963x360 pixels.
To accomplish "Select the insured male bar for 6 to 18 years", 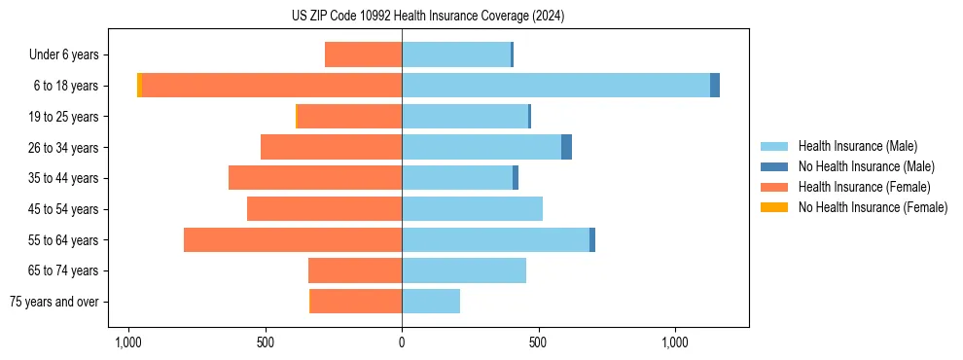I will coord(555,86).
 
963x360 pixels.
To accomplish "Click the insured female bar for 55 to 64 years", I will coord(293,239).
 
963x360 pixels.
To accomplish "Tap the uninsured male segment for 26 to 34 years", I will coord(566,147).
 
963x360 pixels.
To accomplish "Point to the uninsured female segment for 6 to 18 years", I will coord(139,86).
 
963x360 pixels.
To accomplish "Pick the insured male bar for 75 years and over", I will coord(431,302).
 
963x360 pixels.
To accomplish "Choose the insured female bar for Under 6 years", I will coord(363,54).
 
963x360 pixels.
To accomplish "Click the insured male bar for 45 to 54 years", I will coord(472,209).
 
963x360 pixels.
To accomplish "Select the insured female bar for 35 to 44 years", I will coord(315,178).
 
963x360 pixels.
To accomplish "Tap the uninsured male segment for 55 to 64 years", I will coord(592,239).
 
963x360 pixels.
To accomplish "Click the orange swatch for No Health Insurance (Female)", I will coord(774,207).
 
